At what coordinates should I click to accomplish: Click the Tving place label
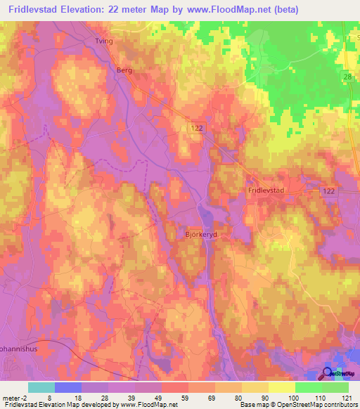103,41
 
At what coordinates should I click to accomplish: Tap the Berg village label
124,70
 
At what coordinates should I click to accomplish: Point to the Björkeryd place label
202,236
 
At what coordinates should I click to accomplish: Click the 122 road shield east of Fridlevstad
328,190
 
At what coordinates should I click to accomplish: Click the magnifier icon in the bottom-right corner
328,374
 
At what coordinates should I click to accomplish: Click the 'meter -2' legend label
17,398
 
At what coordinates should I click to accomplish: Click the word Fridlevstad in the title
31,10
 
